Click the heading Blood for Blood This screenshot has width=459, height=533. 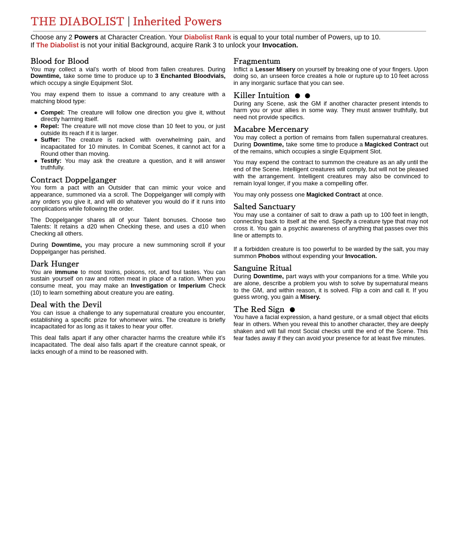pos(60,61)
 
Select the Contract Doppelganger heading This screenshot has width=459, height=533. pos(73,180)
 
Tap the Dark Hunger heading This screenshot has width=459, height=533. pos(54,264)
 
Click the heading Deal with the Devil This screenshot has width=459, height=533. pos(66,305)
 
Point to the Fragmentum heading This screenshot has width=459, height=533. pos(257,61)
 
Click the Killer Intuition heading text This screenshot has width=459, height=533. pos(261,96)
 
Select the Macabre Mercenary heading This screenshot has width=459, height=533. pos(271,129)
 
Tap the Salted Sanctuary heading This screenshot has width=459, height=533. pos(264,207)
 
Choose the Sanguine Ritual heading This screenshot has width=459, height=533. pos(262,268)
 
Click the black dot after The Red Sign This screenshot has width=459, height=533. pos(292,310)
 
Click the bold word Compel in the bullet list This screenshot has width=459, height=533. pos(52,113)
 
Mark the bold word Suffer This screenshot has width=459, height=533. pos(50,140)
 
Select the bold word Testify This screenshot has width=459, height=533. pos(51,160)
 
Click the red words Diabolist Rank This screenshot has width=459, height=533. pos(207,37)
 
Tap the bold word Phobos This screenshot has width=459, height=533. pos(269,256)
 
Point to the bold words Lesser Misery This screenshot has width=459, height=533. pos(275,69)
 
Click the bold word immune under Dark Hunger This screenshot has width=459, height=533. pos(66,272)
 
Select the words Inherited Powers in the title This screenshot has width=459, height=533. pos(177,22)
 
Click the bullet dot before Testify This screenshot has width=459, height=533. pos(36,161)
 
